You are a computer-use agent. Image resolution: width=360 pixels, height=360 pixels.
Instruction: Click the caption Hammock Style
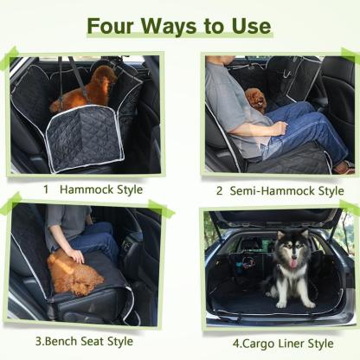(x=104, y=189)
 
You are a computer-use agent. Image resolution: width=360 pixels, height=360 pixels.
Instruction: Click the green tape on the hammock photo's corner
(x=10, y=61)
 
